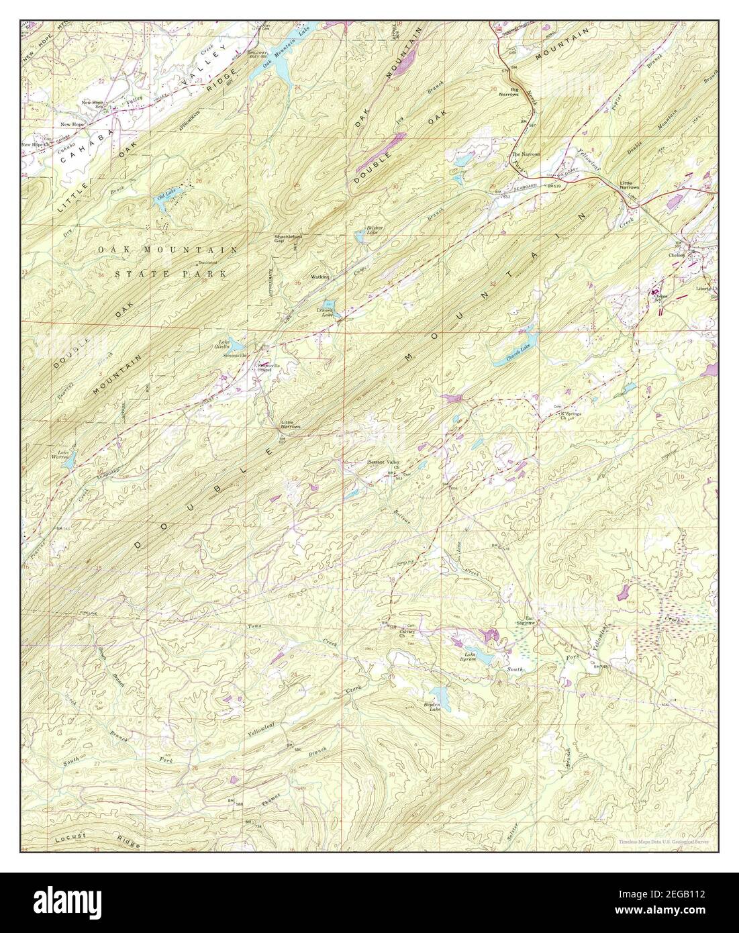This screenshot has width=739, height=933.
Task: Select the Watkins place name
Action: (320, 277)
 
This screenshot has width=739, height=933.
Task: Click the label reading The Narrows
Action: (522, 154)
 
